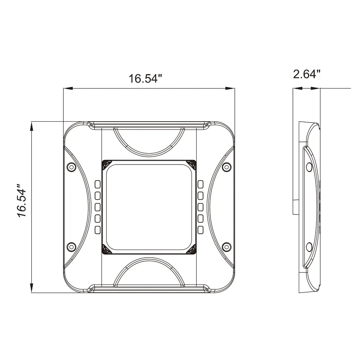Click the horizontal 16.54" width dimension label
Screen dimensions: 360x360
point(145,78)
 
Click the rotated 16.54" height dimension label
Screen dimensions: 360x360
point(22,200)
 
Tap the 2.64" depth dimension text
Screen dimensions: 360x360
point(307,74)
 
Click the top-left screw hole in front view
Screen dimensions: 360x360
point(71,167)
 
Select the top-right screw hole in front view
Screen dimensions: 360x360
point(227,167)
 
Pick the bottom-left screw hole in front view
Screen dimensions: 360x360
point(71,247)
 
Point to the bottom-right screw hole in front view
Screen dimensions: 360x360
point(227,247)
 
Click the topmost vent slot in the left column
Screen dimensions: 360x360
point(98,184)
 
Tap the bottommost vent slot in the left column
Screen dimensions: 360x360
point(98,230)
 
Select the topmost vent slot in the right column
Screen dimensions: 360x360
point(200,184)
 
